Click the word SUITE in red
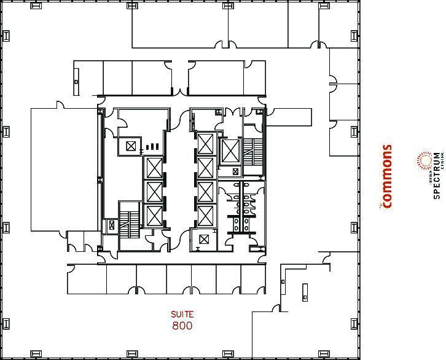pyautogui.click(x=182, y=315)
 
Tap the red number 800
pyautogui.click(x=182, y=325)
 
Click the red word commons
pyautogui.click(x=386, y=176)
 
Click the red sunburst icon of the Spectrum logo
pyautogui.click(x=424, y=162)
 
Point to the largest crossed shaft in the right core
pyautogui.click(x=230, y=149)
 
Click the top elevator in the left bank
pyautogui.click(x=153, y=168)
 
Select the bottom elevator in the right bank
pyautogui.click(x=205, y=215)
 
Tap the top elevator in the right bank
pyautogui.click(x=205, y=144)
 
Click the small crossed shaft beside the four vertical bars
pyautogui.click(x=130, y=146)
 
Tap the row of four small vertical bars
pyautogui.click(x=151, y=147)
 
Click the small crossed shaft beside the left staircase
pyautogui.click(x=111, y=225)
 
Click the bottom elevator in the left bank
pyautogui.click(x=153, y=215)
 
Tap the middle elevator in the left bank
pyautogui.click(x=153, y=192)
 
